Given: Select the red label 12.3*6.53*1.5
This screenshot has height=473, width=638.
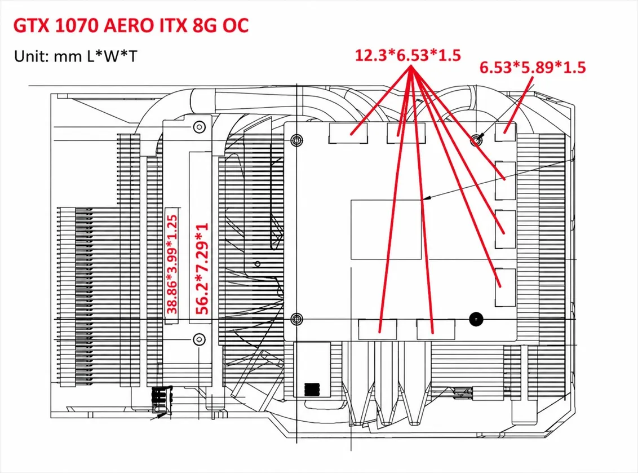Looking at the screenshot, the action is (x=407, y=55).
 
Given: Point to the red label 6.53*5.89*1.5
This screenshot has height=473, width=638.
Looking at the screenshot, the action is (x=533, y=67).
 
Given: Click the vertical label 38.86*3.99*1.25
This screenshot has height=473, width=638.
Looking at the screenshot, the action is (x=172, y=264).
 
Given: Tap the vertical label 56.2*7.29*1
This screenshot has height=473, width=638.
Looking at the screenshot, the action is (x=202, y=269).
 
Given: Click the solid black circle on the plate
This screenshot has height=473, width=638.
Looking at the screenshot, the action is (x=476, y=319).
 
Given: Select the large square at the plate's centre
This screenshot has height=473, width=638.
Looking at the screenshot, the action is (x=386, y=229).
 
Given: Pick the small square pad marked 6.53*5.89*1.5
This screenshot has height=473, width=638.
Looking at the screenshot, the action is (x=506, y=132).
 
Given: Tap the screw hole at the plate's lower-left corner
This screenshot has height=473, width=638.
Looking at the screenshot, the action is (x=297, y=319).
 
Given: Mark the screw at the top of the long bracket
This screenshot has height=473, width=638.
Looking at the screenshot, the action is (x=199, y=127).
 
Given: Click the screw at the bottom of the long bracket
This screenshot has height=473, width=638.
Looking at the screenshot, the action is (x=199, y=339).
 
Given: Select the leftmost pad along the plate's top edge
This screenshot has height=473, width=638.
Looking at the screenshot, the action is (x=348, y=132).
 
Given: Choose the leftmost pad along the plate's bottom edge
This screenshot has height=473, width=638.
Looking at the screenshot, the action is (x=378, y=329).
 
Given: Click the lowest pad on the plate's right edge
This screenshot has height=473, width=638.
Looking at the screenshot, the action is (x=506, y=288).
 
